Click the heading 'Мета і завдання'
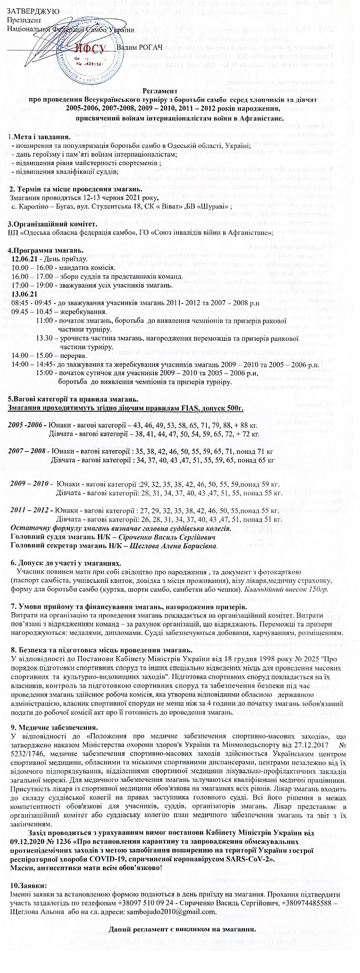[x=39, y=137]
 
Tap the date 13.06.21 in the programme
[x=24, y=293]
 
